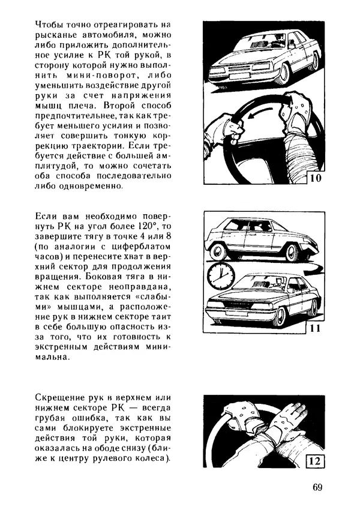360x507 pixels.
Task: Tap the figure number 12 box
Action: pos(316,461)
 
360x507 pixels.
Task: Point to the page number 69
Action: pos(317,487)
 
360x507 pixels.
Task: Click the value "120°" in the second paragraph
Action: pos(143,226)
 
